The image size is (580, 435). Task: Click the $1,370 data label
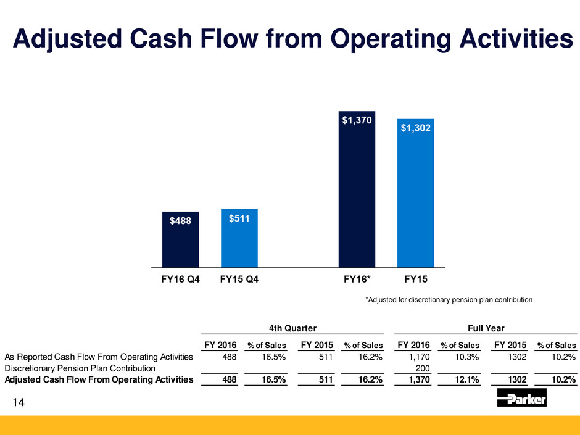[x=357, y=121]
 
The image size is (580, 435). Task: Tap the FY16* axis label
[x=357, y=280]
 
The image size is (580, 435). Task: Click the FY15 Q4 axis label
[x=239, y=280]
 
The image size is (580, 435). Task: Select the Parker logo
[x=521, y=400]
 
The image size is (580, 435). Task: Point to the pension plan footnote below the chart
[x=449, y=300]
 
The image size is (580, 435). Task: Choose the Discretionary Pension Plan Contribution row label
[x=80, y=368]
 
